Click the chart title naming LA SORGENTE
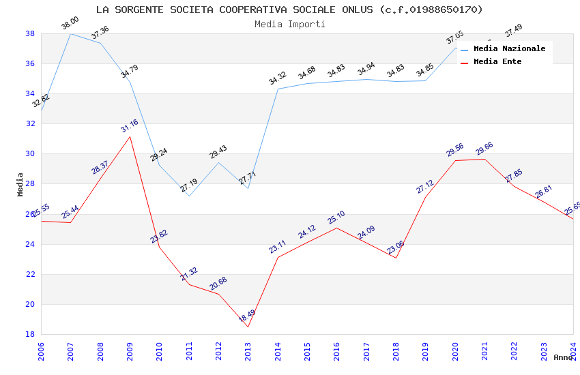tap(289, 10)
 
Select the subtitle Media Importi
tap(289, 24)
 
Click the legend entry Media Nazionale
tap(509, 48)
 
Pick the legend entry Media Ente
tap(497, 61)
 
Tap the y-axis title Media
tap(20, 183)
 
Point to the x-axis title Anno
tap(563, 357)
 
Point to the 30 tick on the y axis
tap(30, 153)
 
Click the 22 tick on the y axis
tap(30, 274)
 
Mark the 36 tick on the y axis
tap(30, 63)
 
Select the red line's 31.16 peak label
tap(130, 126)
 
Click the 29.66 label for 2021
tap(484, 149)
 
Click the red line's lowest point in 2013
tap(248, 327)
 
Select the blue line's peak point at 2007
tap(70, 33)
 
